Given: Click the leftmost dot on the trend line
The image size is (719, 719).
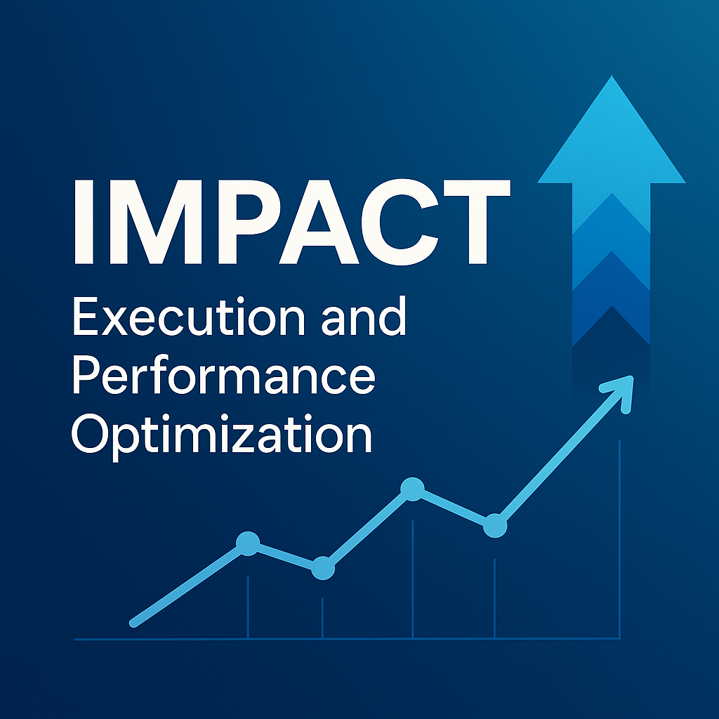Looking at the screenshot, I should (248, 543).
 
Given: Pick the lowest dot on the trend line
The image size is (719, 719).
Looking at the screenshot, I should (322, 567).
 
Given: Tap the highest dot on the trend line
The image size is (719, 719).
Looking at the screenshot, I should (412, 489).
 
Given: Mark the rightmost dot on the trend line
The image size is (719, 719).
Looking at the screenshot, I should (495, 525).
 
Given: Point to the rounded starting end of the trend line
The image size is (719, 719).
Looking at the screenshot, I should (134, 622).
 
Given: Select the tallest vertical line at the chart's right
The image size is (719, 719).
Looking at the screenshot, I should (619, 541).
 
